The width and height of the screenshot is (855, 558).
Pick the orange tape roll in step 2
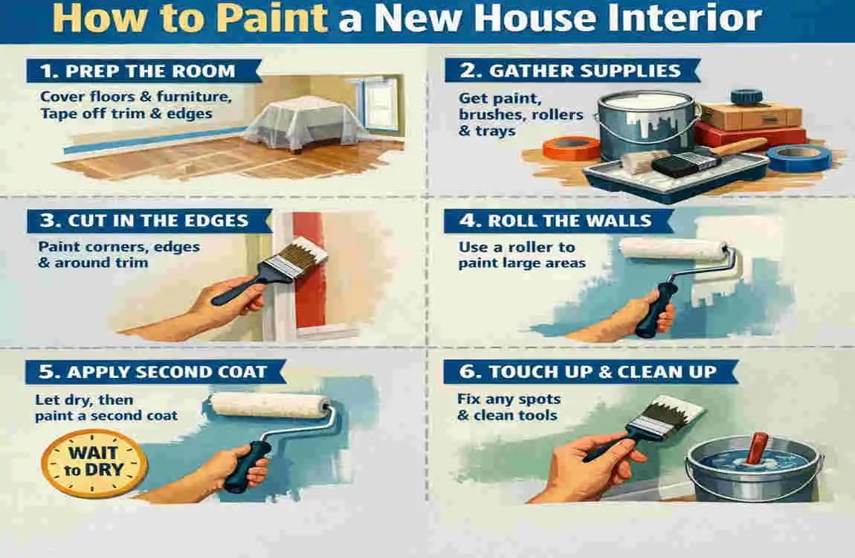571,148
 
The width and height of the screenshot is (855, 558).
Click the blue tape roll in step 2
798,158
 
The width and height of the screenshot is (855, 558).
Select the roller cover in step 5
271,405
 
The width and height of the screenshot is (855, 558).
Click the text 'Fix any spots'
509,399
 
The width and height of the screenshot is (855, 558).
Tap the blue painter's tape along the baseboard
149,141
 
